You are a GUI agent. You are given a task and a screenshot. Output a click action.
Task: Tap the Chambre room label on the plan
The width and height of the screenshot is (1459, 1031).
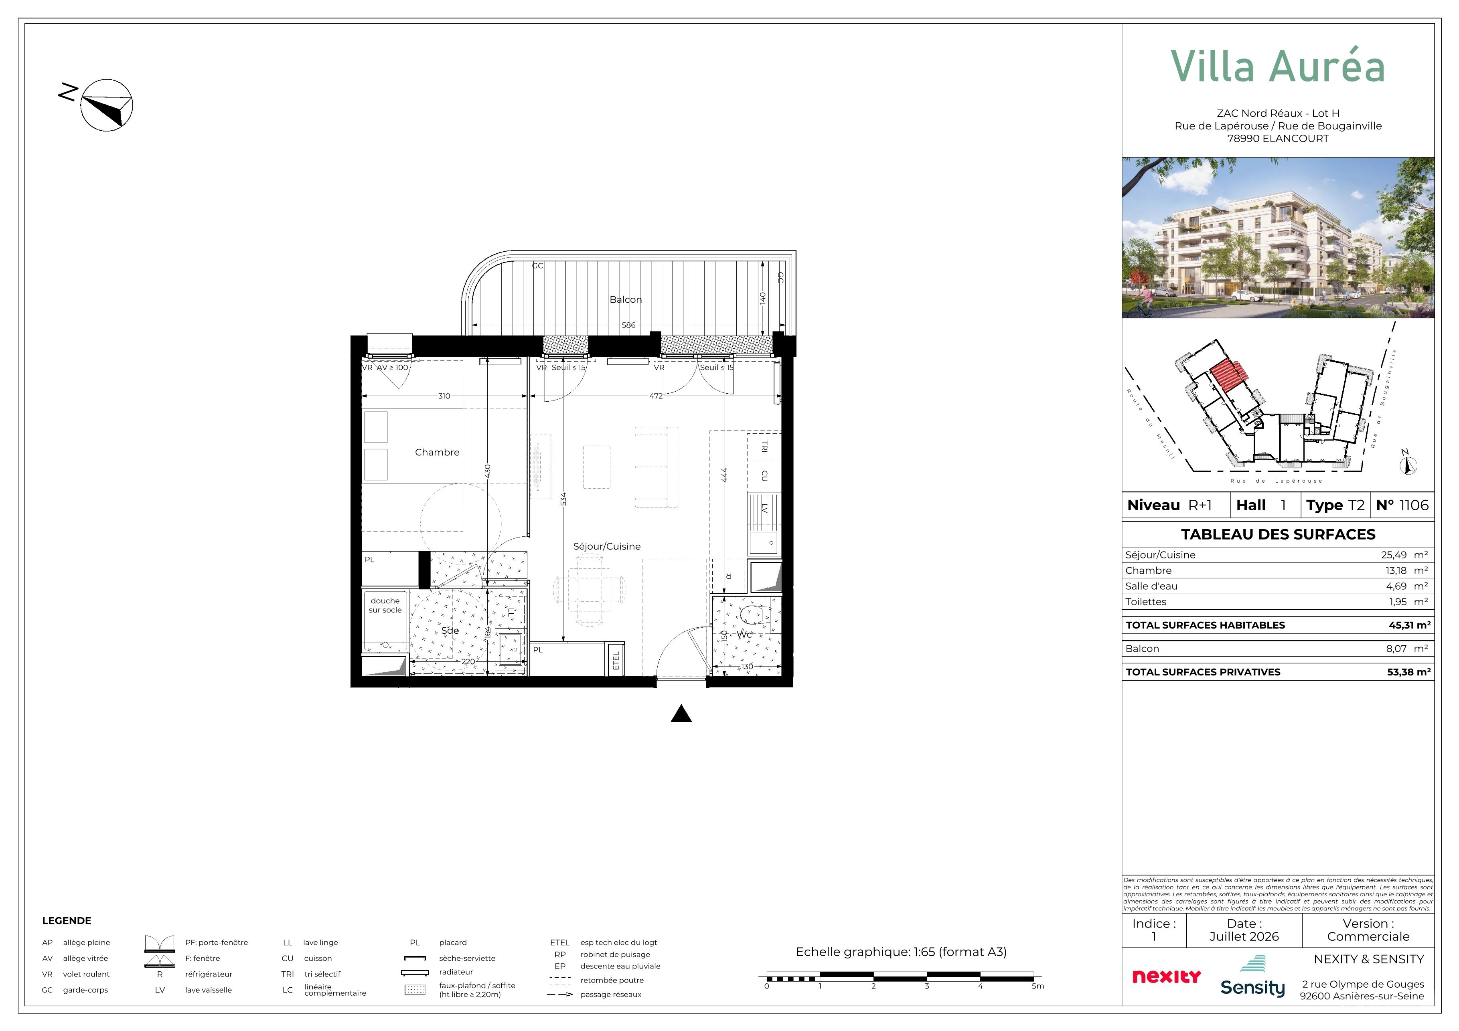click(437, 452)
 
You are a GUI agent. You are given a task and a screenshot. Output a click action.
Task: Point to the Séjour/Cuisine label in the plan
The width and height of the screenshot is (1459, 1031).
click(607, 546)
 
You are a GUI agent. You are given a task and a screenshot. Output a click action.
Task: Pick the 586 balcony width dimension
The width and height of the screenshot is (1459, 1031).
click(628, 325)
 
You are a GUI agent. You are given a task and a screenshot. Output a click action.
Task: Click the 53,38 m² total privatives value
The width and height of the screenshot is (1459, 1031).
click(1409, 672)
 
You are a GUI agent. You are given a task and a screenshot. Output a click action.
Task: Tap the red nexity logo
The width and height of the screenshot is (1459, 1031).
click(1167, 976)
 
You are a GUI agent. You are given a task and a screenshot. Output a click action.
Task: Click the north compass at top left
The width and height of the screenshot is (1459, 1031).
click(106, 105)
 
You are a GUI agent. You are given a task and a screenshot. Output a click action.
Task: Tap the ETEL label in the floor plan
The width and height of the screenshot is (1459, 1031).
click(616, 661)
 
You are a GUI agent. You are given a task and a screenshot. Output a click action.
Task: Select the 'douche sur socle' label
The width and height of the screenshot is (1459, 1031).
click(385, 605)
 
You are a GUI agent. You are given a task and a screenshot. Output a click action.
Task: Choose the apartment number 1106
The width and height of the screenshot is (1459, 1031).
click(1414, 505)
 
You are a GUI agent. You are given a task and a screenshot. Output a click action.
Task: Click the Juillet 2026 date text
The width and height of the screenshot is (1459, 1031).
click(1244, 936)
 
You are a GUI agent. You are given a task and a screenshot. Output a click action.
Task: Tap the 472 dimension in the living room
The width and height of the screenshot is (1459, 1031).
click(656, 396)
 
